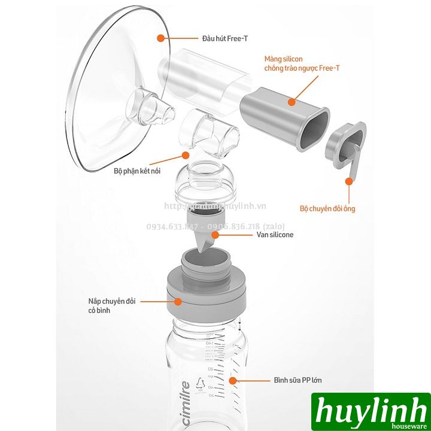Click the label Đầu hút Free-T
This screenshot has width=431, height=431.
click(208, 38)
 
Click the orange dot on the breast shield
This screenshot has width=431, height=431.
click(160, 38)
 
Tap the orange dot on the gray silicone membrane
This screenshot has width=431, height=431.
click(292, 102)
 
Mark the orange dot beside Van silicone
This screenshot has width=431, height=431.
click(214, 235)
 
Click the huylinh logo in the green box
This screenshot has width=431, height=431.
click(376, 412)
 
